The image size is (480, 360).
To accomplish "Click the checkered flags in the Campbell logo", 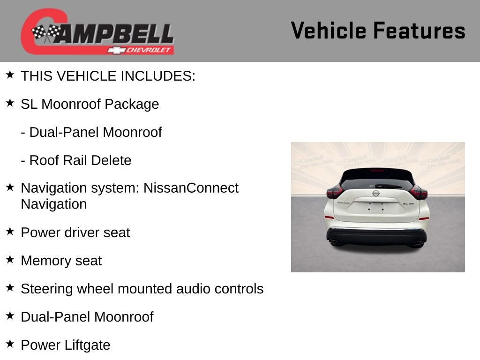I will tap(46, 33).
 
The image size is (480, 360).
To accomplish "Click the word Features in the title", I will tap(419, 31).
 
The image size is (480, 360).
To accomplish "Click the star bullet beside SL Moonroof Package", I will tap(10, 103).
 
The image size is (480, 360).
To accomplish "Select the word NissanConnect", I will tap(191, 188).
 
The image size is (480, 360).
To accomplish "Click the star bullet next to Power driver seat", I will tap(10, 232).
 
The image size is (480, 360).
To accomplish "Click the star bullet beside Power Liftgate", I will tap(10, 344).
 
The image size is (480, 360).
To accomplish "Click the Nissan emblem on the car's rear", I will tap(375, 193).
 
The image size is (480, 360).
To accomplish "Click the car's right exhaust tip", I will tap(417, 243).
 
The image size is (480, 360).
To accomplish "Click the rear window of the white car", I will tap(377, 180).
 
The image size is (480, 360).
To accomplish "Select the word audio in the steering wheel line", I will tap(194, 289).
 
